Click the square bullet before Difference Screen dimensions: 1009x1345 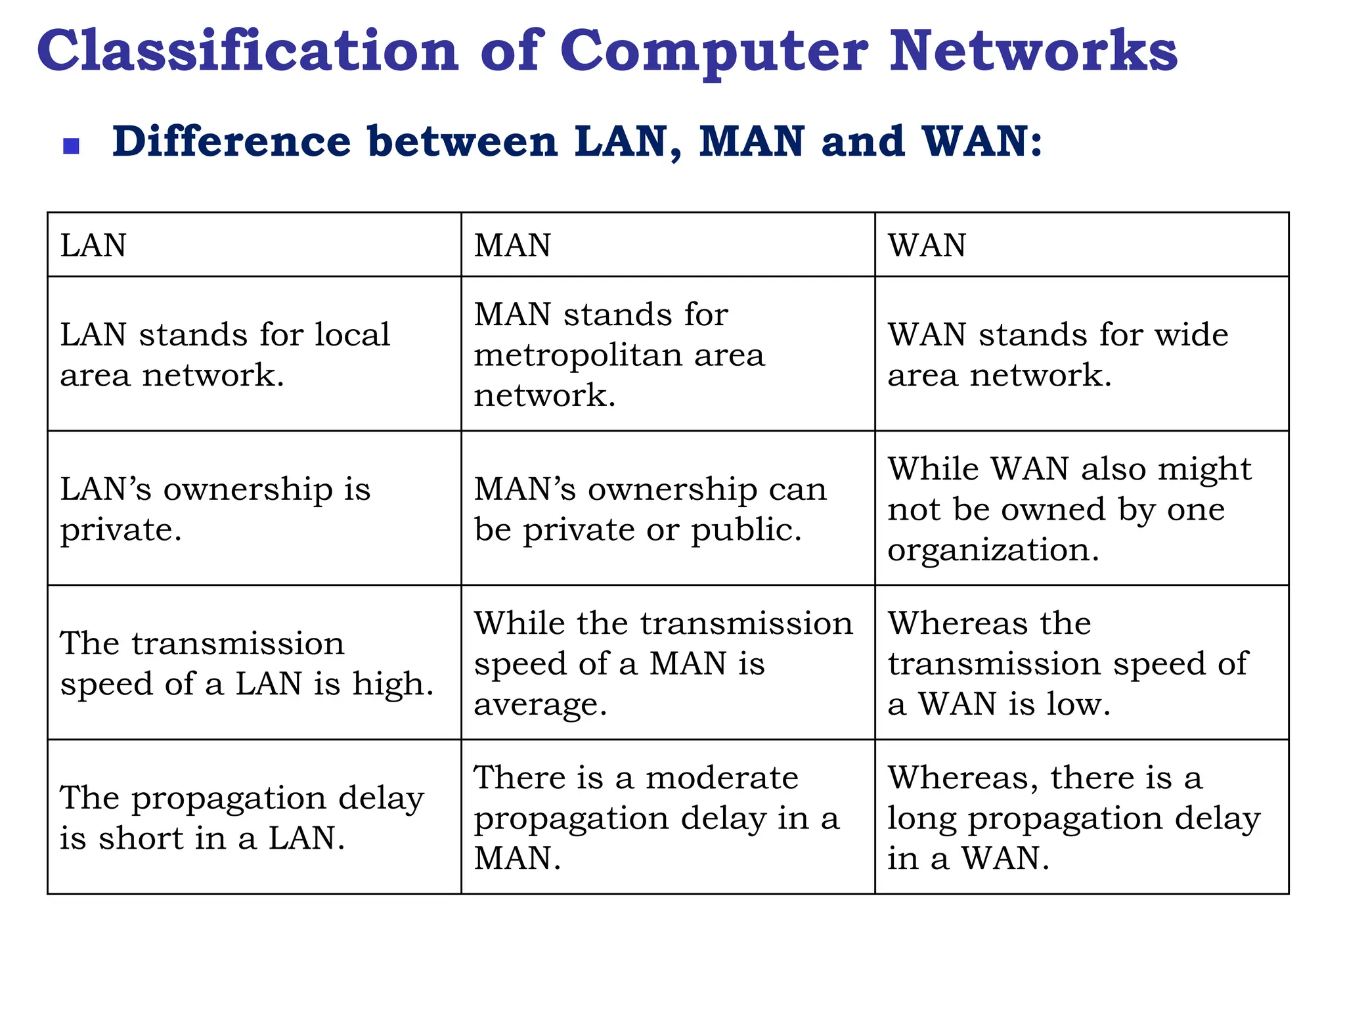(x=71, y=146)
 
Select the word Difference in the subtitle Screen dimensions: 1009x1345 (x=232, y=142)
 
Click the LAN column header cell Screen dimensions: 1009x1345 (x=254, y=245)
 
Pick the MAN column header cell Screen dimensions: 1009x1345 (x=668, y=245)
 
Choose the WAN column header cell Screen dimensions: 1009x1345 (x=1082, y=245)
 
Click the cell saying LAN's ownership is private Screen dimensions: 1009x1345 (x=254, y=508)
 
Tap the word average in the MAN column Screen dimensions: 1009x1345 (x=540, y=705)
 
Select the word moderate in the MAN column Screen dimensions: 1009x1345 (x=722, y=778)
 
